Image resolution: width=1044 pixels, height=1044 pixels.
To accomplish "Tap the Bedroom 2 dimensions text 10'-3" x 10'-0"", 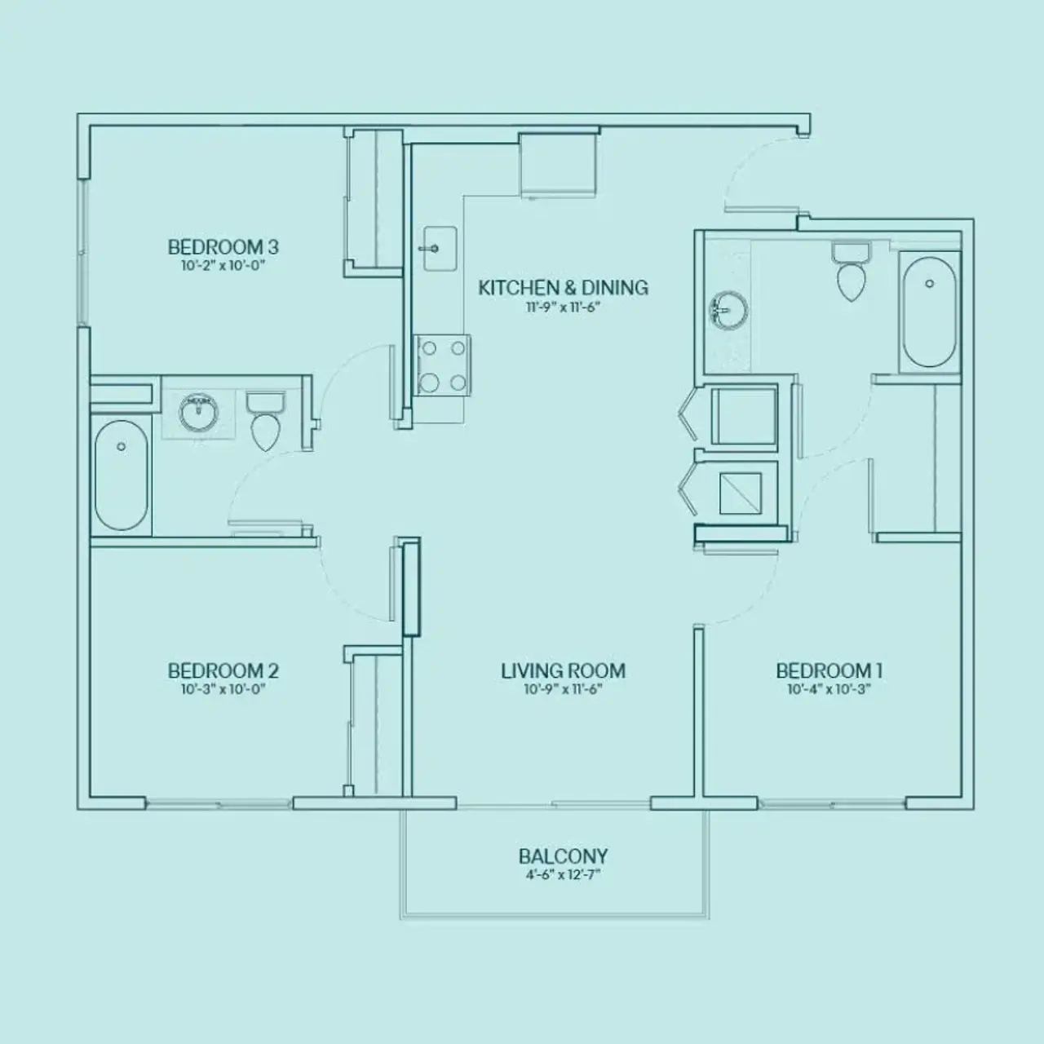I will (x=223, y=689).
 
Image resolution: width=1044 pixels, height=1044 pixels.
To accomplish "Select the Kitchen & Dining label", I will (x=563, y=288).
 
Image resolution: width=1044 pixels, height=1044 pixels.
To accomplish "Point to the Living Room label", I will (x=563, y=671).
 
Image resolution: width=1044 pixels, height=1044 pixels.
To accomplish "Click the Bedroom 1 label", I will (x=829, y=671).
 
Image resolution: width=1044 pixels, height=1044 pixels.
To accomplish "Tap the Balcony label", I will (x=563, y=856).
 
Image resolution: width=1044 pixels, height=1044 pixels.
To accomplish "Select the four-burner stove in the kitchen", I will (x=443, y=365).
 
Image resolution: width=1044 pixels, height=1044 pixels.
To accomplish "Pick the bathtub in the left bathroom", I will (x=121, y=475).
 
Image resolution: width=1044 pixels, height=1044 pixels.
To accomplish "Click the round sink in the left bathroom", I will (x=198, y=412).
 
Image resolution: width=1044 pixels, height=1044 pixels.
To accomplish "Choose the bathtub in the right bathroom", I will (x=929, y=312).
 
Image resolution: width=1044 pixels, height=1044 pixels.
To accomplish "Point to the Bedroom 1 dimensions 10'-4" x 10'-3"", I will (x=829, y=689).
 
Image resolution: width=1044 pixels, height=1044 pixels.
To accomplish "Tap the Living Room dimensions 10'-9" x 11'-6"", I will (x=563, y=689).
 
